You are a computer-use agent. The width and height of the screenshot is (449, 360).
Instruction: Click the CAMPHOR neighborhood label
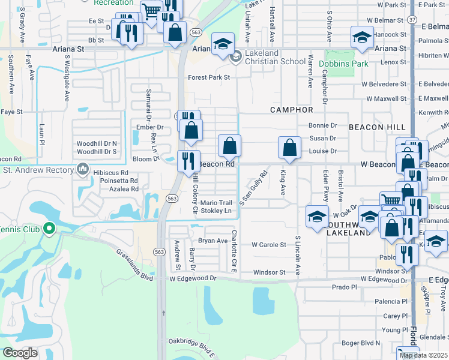(292, 110)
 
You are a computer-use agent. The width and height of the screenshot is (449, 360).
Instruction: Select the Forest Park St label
(209, 77)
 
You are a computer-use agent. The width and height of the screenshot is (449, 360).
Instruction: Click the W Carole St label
(268, 245)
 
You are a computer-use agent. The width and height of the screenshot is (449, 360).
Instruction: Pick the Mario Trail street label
(216, 203)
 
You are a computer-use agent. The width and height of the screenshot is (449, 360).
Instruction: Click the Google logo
(20, 353)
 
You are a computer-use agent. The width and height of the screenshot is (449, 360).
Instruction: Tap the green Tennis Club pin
(50, 228)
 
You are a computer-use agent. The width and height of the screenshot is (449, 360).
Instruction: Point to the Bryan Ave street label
(214, 241)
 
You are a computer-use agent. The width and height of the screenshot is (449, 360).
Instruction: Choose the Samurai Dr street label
(148, 103)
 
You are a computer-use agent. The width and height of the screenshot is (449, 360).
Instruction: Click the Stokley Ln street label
(215, 211)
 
